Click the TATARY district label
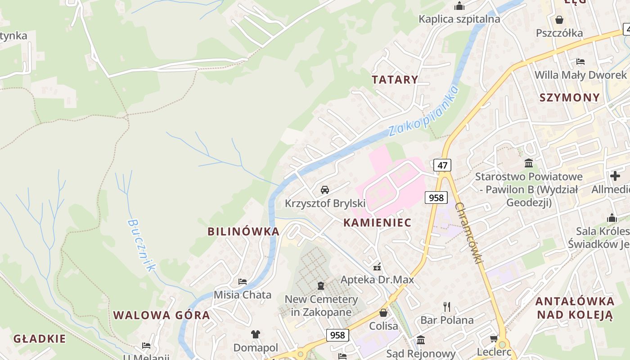point(395,80)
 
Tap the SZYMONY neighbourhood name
point(569,98)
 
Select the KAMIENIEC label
point(377,222)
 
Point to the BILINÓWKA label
point(243,232)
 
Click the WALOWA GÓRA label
point(162,315)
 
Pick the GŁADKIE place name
point(40,339)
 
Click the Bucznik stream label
point(141,245)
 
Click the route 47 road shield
point(442,165)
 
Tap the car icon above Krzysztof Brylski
point(325,189)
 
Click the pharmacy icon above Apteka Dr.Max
point(377,266)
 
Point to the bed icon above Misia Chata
point(243,282)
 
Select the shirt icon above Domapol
point(256,334)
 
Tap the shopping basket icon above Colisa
point(383,312)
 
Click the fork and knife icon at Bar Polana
point(447,307)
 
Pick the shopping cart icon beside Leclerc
point(494,338)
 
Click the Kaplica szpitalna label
point(459,19)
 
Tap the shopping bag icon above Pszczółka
point(559,20)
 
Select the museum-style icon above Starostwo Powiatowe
point(529,163)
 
